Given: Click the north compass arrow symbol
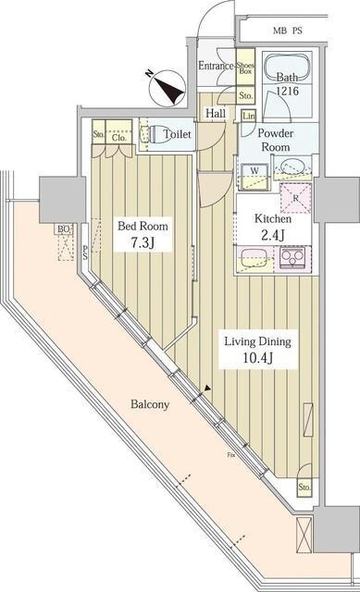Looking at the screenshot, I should (x=169, y=90).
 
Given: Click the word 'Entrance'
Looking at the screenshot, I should (x=216, y=67).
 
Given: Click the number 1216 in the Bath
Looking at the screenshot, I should (x=288, y=93).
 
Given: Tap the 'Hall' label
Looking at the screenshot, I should (x=216, y=113).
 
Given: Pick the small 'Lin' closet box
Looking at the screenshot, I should (x=248, y=115).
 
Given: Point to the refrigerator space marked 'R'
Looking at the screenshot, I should (x=294, y=196).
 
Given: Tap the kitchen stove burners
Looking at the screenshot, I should (x=295, y=256).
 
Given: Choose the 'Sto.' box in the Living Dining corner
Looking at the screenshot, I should (x=304, y=487).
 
